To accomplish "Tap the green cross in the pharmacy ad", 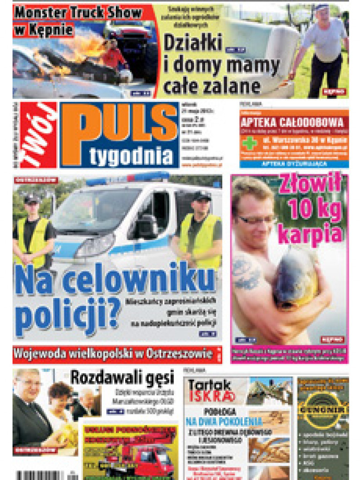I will (249, 143).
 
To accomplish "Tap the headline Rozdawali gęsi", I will (122, 377).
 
